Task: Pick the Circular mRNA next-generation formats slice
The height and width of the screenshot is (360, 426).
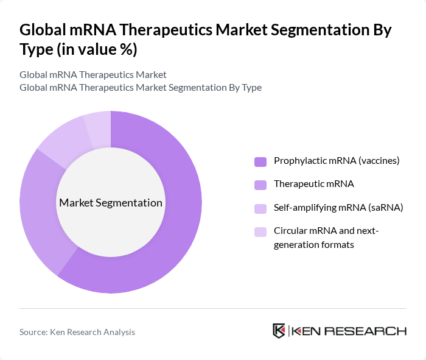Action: [98, 125]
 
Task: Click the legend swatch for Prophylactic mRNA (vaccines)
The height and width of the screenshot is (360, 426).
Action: [260, 161]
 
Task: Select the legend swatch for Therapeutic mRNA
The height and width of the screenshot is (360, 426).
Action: [260, 184]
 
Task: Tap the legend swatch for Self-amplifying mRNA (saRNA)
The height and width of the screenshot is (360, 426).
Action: [260, 208]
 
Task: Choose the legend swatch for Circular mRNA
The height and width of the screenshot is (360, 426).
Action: [260, 231]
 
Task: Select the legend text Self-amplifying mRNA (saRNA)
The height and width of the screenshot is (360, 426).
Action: [338, 208]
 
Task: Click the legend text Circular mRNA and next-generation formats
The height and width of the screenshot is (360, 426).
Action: [326, 238]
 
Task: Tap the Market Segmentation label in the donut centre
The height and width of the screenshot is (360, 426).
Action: [111, 203]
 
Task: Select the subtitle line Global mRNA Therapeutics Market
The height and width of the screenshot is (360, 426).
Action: [93, 75]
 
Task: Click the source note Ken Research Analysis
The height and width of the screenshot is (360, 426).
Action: [77, 332]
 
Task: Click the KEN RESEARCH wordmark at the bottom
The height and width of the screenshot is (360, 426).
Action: [349, 331]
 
